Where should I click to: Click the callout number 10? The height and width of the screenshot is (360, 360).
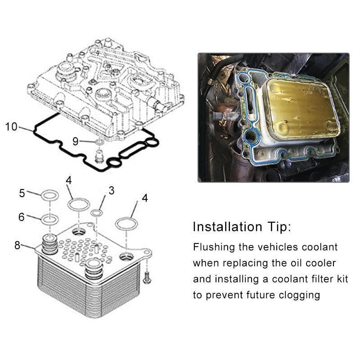[11, 126]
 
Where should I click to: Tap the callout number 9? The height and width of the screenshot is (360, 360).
[75, 141]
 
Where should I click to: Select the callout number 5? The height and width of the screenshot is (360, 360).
[22, 193]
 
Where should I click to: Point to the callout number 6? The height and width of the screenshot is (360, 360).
[21, 217]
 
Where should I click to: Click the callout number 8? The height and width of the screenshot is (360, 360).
[18, 245]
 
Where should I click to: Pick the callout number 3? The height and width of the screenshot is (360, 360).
[111, 190]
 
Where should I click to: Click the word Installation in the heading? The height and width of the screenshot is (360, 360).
[227, 227]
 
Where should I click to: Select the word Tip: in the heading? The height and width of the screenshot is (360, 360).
[279, 227]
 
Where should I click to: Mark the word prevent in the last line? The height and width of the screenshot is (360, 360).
[224, 296]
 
